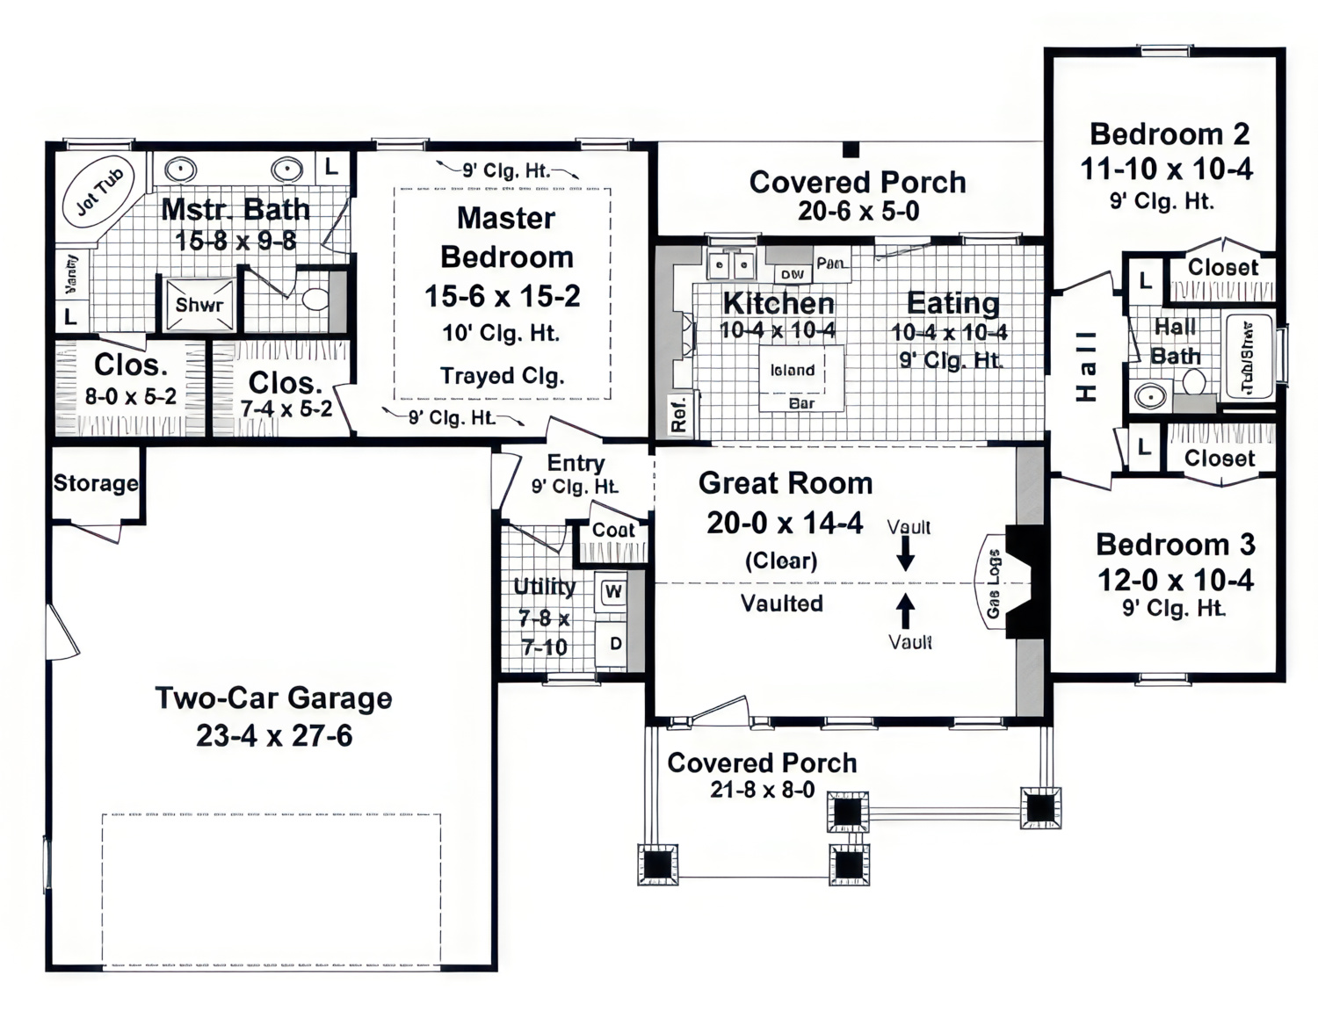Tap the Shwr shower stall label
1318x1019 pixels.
199,305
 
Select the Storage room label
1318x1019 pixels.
96,483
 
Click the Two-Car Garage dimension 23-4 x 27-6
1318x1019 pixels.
273,735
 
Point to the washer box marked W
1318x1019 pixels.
612,591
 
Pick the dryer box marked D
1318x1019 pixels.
615,644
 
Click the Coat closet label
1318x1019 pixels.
612,530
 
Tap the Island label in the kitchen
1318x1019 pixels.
792,370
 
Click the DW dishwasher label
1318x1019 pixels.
792,274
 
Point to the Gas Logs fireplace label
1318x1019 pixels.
993,584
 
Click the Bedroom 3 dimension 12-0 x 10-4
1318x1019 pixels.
1175,580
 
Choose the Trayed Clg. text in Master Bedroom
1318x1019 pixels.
502,376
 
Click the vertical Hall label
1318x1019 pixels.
1087,365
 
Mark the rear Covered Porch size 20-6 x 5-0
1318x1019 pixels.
858,211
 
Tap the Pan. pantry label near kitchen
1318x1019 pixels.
831,263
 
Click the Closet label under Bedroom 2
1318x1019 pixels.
1222,267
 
